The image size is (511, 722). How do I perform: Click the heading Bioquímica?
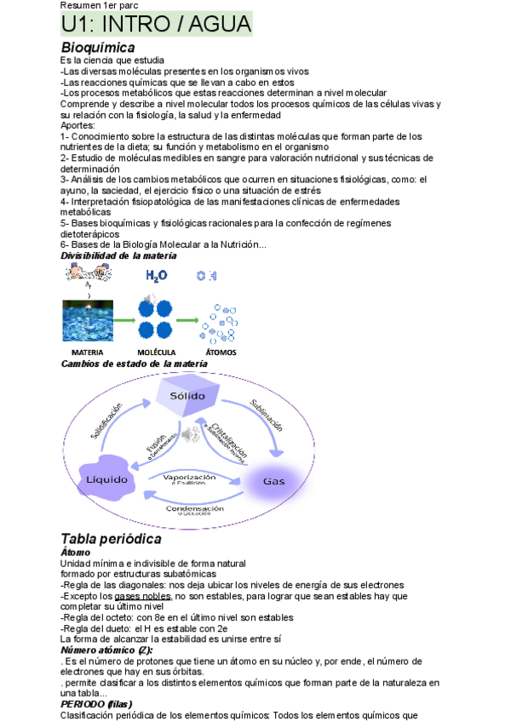[98, 48]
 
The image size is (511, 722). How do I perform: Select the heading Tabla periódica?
[111, 538]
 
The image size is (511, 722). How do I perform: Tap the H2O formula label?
[157, 276]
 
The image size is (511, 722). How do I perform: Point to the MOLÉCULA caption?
[157, 352]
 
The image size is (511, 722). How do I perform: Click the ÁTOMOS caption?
[221, 352]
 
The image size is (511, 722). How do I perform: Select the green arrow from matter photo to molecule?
[123, 321]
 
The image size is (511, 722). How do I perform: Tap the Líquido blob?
[107, 479]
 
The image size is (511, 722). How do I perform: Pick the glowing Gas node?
[273, 481]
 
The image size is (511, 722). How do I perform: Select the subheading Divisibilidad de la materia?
[119, 255]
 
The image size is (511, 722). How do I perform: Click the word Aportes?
[78, 125]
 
